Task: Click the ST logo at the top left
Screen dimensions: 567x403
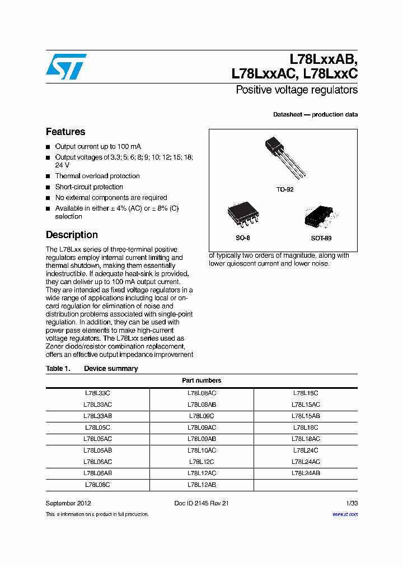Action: click(66, 67)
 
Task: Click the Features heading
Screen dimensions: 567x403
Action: click(65, 132)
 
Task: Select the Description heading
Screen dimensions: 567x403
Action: click(72, 235)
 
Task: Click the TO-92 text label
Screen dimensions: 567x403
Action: click(284, 189)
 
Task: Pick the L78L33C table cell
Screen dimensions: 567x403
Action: click(97, 393)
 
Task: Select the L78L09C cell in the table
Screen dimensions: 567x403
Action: click(201, 416)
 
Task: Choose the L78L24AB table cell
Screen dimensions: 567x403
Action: click(306, 473)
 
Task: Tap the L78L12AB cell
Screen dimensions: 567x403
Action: click(201, 485)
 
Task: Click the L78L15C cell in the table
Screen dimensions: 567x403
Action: click(306, 393)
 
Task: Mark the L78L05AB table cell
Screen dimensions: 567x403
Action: click(97, 450)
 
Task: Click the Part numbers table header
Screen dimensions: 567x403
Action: click(201, 380)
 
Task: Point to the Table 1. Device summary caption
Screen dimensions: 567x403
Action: click(92, 369)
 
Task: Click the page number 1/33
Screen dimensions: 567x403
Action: click(351, 503)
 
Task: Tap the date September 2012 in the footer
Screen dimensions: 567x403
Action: click(68, 503)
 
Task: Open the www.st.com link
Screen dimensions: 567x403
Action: click(345, 514)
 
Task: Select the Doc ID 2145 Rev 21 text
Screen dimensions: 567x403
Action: click(201, 503)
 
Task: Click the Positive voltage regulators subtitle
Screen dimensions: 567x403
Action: click(297, 90)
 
